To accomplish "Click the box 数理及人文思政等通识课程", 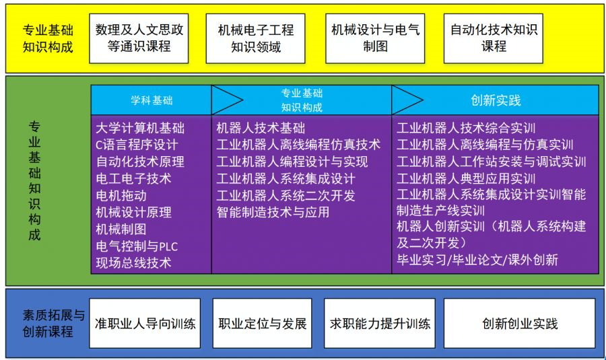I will point(139,38).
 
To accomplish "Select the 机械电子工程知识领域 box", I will point(255,38).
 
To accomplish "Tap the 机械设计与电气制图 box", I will point(375,38).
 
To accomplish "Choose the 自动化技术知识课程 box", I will point(494,38).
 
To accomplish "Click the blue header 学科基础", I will point(151,100).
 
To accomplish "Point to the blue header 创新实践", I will point(496,100).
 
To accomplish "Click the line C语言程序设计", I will point(137,145).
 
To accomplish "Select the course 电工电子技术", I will point(133,178).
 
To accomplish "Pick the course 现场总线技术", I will point(133,262).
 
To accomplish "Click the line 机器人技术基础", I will point(261,128).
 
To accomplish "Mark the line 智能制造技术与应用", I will point(273,212).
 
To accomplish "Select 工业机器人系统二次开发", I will point(285,195).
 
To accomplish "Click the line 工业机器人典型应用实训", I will point(466,178).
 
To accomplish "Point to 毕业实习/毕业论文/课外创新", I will point(477,259).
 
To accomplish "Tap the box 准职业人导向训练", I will point(145,324).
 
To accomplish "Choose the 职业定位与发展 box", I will point(263,324).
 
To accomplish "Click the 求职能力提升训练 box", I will point(380,324).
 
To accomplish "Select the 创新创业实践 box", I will point(520,324).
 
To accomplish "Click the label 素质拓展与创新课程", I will point(48,324).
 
